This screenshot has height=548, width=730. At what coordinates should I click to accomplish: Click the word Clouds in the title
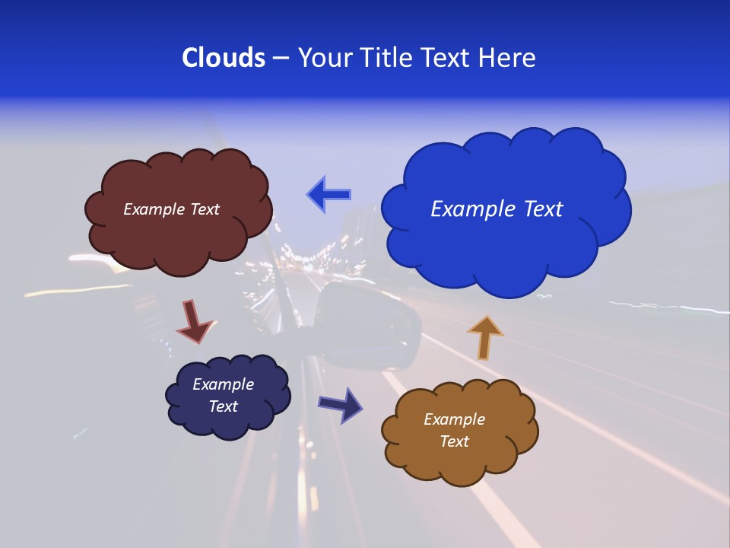coord(223,58)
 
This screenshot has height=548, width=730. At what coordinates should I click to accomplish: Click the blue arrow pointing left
coord(329,194)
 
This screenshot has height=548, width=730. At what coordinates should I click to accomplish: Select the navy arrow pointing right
coord(341,404)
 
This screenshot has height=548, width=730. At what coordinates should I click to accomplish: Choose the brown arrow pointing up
coord(484,337)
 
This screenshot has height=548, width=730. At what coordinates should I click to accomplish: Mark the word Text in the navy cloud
coord(223,406)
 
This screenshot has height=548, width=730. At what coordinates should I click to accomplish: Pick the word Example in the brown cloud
coord(454,419)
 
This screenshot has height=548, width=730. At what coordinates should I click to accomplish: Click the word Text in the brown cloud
coord(454,441)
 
